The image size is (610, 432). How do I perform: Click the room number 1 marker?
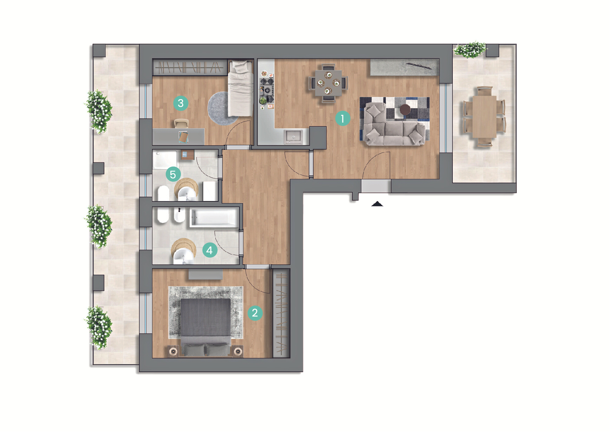[343, 118]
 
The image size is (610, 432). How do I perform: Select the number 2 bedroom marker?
[255, 312]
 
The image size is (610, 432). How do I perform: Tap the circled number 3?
[181, 103]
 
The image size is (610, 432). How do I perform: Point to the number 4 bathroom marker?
[210, 250]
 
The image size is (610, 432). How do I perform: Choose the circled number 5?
[173, 174]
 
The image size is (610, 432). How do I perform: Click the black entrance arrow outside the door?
[377, 204]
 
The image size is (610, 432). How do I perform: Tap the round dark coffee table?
[405, 109]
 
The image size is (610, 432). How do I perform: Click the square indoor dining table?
[328, 83]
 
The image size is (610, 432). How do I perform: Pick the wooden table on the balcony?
[484, 116]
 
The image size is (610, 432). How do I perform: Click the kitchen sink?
[293, 136]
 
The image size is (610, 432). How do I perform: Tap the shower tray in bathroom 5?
[165, 160]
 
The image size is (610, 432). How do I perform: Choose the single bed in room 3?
[241, 88]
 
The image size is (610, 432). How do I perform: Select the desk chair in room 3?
[181, 123]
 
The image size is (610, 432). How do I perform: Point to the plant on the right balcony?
[470, 50]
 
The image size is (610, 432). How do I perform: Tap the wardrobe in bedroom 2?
[281, 313]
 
